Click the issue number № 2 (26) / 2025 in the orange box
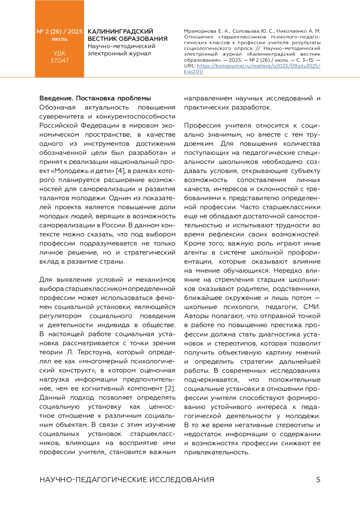[x=59, y=31]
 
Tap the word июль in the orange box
[x=59, y=39]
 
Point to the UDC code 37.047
[x=59, y=60]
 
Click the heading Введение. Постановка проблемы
[x=95, y=98]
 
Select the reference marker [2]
[x=170, y=388]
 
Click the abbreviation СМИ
[x=312, y=307]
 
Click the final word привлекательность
[x=217, y=452]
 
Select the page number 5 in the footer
[x=318, y=480]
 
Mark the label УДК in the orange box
[x=59, y=53]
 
